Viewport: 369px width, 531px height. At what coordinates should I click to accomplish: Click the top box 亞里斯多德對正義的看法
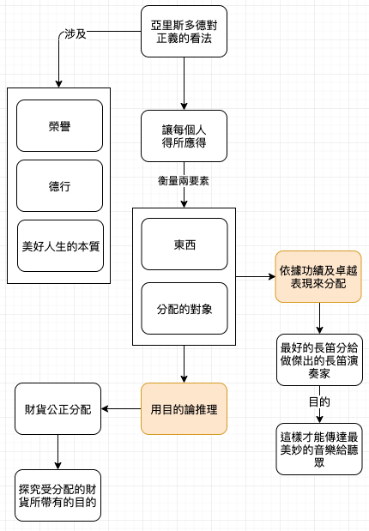pos(184,31)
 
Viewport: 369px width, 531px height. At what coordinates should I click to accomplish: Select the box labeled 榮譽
pos(59,125)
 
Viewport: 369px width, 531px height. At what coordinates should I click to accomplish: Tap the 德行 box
pos(59,186)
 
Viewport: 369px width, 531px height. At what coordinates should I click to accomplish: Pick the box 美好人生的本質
pos(60,246)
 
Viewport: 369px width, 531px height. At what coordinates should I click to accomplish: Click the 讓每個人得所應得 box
pos(184,136)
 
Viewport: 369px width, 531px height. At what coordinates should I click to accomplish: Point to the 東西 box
pos(184,244)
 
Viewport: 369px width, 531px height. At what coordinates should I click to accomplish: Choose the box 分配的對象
pos(184,309)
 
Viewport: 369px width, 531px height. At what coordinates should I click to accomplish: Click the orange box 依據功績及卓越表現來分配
pos(318,277)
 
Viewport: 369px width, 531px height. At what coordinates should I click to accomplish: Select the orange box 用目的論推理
pos(184,408)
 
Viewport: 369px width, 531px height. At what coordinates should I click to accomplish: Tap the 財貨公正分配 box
pos(58,408)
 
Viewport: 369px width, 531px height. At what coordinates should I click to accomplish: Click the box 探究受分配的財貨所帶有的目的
pos(58,496)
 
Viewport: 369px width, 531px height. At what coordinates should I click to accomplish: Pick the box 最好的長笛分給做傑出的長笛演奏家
pos(319,360)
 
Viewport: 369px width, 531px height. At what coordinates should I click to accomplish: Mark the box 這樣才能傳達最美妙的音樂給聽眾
pos(319,449)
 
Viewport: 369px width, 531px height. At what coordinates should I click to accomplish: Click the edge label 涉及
pos(76,33)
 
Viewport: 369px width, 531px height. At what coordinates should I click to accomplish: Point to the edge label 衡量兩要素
pos(184,181)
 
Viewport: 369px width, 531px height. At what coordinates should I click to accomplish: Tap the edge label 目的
pos(319,402)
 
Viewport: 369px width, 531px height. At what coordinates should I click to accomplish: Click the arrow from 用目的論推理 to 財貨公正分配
pos(121,408)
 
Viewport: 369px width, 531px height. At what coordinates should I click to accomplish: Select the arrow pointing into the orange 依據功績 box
pos(256,277)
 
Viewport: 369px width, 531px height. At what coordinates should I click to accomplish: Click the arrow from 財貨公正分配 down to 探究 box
pos(58,452)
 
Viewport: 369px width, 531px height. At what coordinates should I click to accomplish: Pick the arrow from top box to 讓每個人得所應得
pos(184,84)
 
